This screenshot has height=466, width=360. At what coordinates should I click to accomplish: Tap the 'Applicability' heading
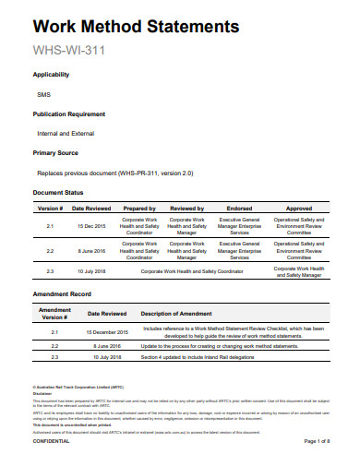click(51, 75)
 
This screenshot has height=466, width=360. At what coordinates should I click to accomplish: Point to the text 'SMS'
click(43, 94)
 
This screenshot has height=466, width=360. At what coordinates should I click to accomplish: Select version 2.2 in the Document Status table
click(51, 250)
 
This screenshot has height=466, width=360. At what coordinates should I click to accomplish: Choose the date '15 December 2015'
click(107, 331)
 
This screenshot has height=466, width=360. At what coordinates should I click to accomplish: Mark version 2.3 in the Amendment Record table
click(54, 356)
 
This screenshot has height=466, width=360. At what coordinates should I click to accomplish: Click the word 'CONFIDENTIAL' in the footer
click(51, 442)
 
